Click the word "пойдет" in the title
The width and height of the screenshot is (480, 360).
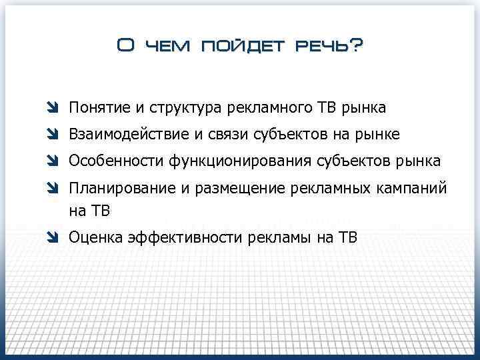coord(237,46)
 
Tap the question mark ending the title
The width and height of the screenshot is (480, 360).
coord(356,45)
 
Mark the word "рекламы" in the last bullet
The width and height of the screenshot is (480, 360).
coord(275,237)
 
